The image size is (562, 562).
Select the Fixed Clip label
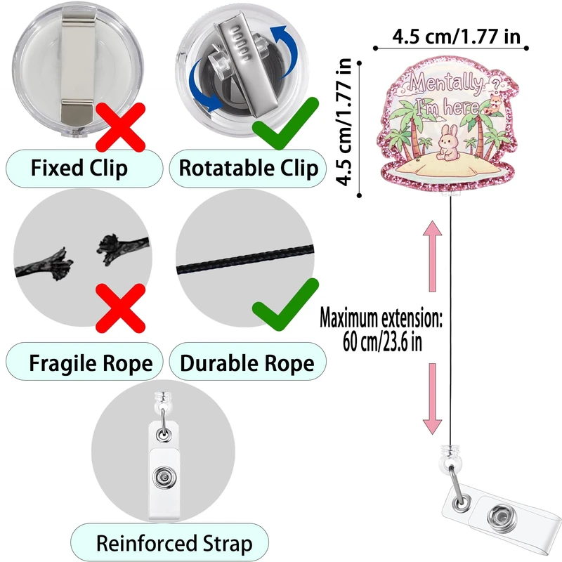(79, 169)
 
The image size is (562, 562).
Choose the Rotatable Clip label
(248, 169)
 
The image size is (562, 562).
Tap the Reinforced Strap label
(174, 543)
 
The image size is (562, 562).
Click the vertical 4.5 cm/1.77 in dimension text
(344, 122)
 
